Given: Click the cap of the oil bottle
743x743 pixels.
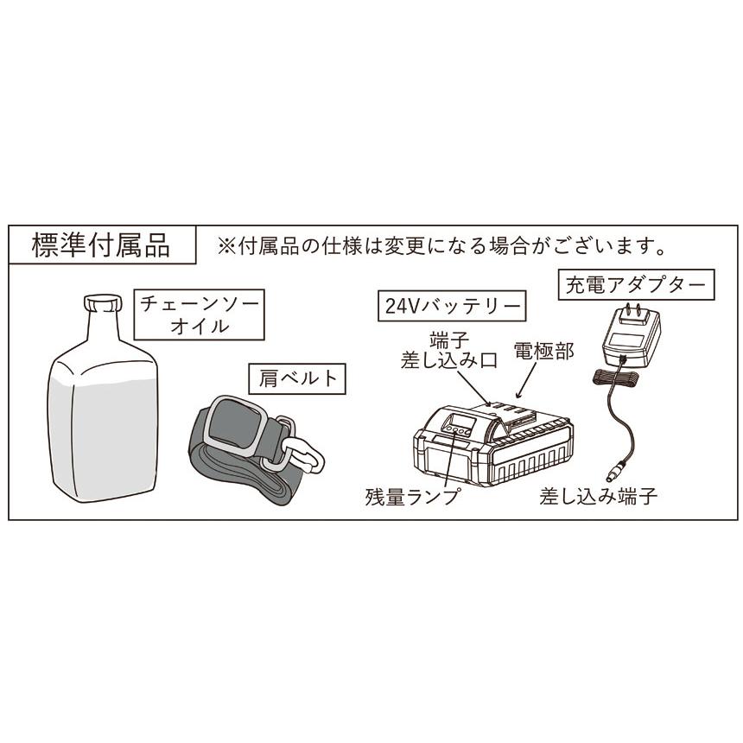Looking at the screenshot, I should point(102,303).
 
